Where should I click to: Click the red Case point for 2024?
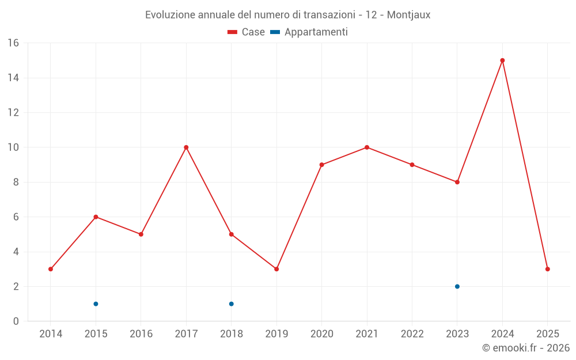click(502, 60)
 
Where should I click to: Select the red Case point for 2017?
click(186, 147)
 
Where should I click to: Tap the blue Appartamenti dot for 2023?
click(457, 286)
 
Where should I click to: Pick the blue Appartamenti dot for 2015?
click(96, 304)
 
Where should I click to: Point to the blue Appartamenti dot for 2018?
click(231, 304)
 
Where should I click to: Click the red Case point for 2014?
click(51, 269)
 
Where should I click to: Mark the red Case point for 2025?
click(547, 269)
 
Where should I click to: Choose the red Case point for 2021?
click(367, 147)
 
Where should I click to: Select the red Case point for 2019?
click(276, 269)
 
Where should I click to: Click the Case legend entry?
click(247, 32)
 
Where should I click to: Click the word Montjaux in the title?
click(408, 15)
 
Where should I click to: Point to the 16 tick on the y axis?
click(13, 43)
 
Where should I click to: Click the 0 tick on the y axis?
click(16, 321)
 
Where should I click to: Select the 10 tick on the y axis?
click(13, 147)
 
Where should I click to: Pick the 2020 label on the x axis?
click(321, 334)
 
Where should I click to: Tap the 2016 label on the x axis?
click(141, 334)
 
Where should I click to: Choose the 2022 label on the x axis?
click(412, 334)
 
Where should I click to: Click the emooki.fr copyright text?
click(525, 348)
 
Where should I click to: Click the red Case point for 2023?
click(457, 182)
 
